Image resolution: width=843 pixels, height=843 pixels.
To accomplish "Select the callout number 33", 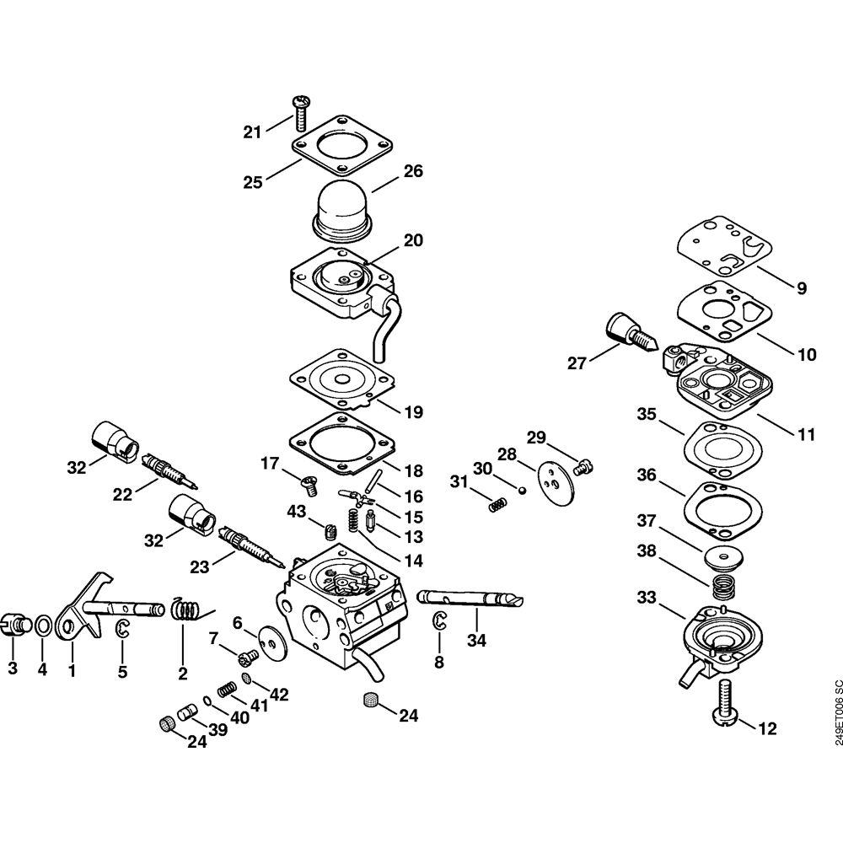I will pyautogui.click(x=647, y=599).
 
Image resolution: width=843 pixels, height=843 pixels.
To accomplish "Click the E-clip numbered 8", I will pyautogui.click(x=439, y=622).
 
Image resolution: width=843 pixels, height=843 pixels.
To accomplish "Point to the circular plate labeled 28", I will pyautogui.click(x=553, y=478).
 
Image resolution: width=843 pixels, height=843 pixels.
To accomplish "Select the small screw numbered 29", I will pyautogui.click(x=582, y=463).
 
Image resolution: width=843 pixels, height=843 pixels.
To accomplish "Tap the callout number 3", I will pyautogui.click(x=13, y=668).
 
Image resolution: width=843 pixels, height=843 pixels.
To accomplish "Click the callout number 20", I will pyautogui.click(x=412, y=240).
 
